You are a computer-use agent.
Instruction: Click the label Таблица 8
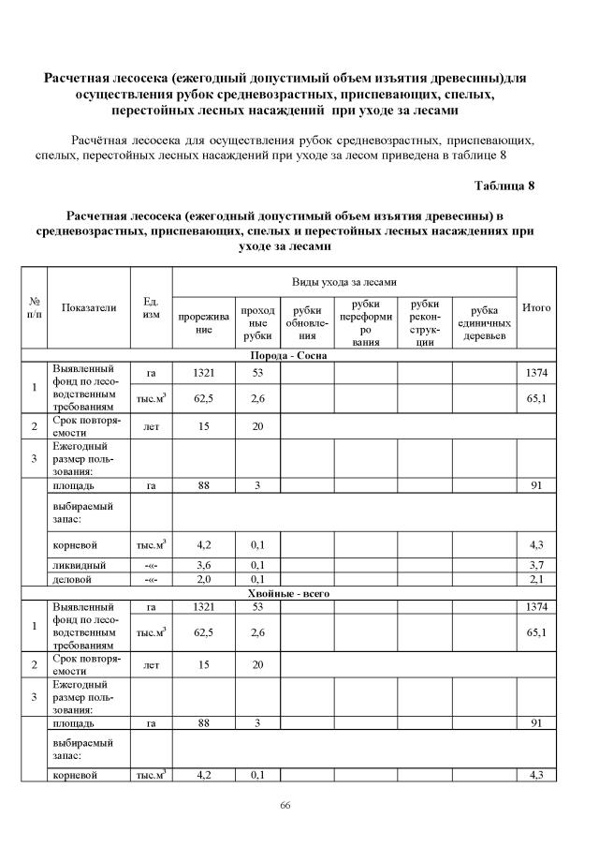504,185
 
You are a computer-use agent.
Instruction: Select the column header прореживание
204,323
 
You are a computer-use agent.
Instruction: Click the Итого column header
536,307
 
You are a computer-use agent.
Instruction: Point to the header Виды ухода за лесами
344,281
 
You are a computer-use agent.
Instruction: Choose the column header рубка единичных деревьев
484,323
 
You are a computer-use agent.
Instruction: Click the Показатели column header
89,307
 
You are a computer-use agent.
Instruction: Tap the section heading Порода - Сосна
288,357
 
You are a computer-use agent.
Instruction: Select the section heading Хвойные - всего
288,594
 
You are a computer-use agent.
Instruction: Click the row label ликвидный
79,565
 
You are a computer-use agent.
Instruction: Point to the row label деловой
74,580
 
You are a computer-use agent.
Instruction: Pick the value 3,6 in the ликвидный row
204,565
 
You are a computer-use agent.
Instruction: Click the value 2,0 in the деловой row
204,580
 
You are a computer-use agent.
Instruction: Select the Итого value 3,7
536,565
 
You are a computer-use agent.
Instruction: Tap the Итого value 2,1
536,580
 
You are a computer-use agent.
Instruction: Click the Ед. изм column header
151,307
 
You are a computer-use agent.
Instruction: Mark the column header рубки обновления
308,323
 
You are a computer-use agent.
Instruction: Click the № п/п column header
35,307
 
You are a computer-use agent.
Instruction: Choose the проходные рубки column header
257,323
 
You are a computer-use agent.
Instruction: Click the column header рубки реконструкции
425,323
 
